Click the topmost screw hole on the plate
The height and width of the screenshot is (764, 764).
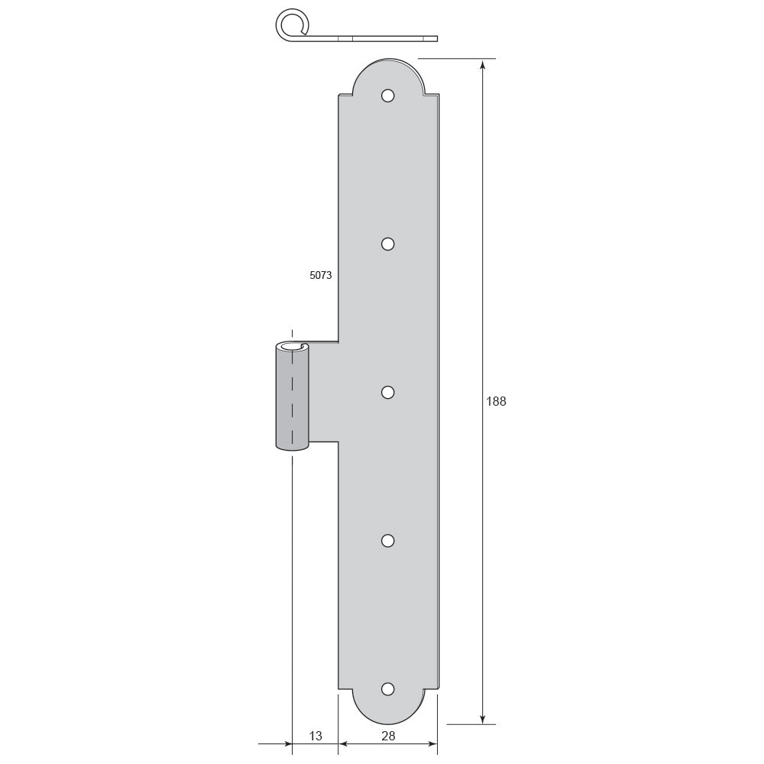click(x=388, y=95)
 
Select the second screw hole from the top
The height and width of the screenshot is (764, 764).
click(x=388, y=244)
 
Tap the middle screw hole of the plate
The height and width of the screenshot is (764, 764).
click(x=388, y=392)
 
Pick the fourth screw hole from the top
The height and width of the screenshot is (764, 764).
click(x=388, y=540)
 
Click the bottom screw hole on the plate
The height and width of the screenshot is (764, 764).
click(x=388, y=689)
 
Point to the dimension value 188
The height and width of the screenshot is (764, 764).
click(x=496, y=402)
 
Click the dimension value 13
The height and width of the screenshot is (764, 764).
click(x=316, y=736)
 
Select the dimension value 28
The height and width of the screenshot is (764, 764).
click(x=388, y=736)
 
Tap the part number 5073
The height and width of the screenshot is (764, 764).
click(x=321, y=275)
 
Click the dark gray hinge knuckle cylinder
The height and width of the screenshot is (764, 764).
click(x=292, y=397)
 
